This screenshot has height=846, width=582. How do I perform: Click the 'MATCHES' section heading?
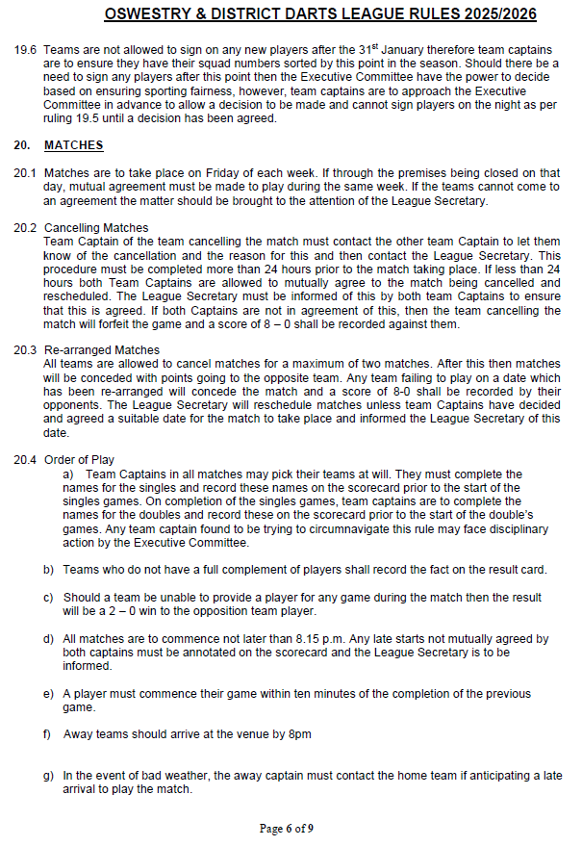pos(73,145)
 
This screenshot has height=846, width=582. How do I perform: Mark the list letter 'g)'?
pos(49,776)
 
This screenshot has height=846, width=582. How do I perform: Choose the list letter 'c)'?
pos(49,598)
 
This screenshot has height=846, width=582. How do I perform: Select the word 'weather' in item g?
pos(181,776)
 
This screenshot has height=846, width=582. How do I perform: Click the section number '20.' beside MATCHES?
pos(21,145)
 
